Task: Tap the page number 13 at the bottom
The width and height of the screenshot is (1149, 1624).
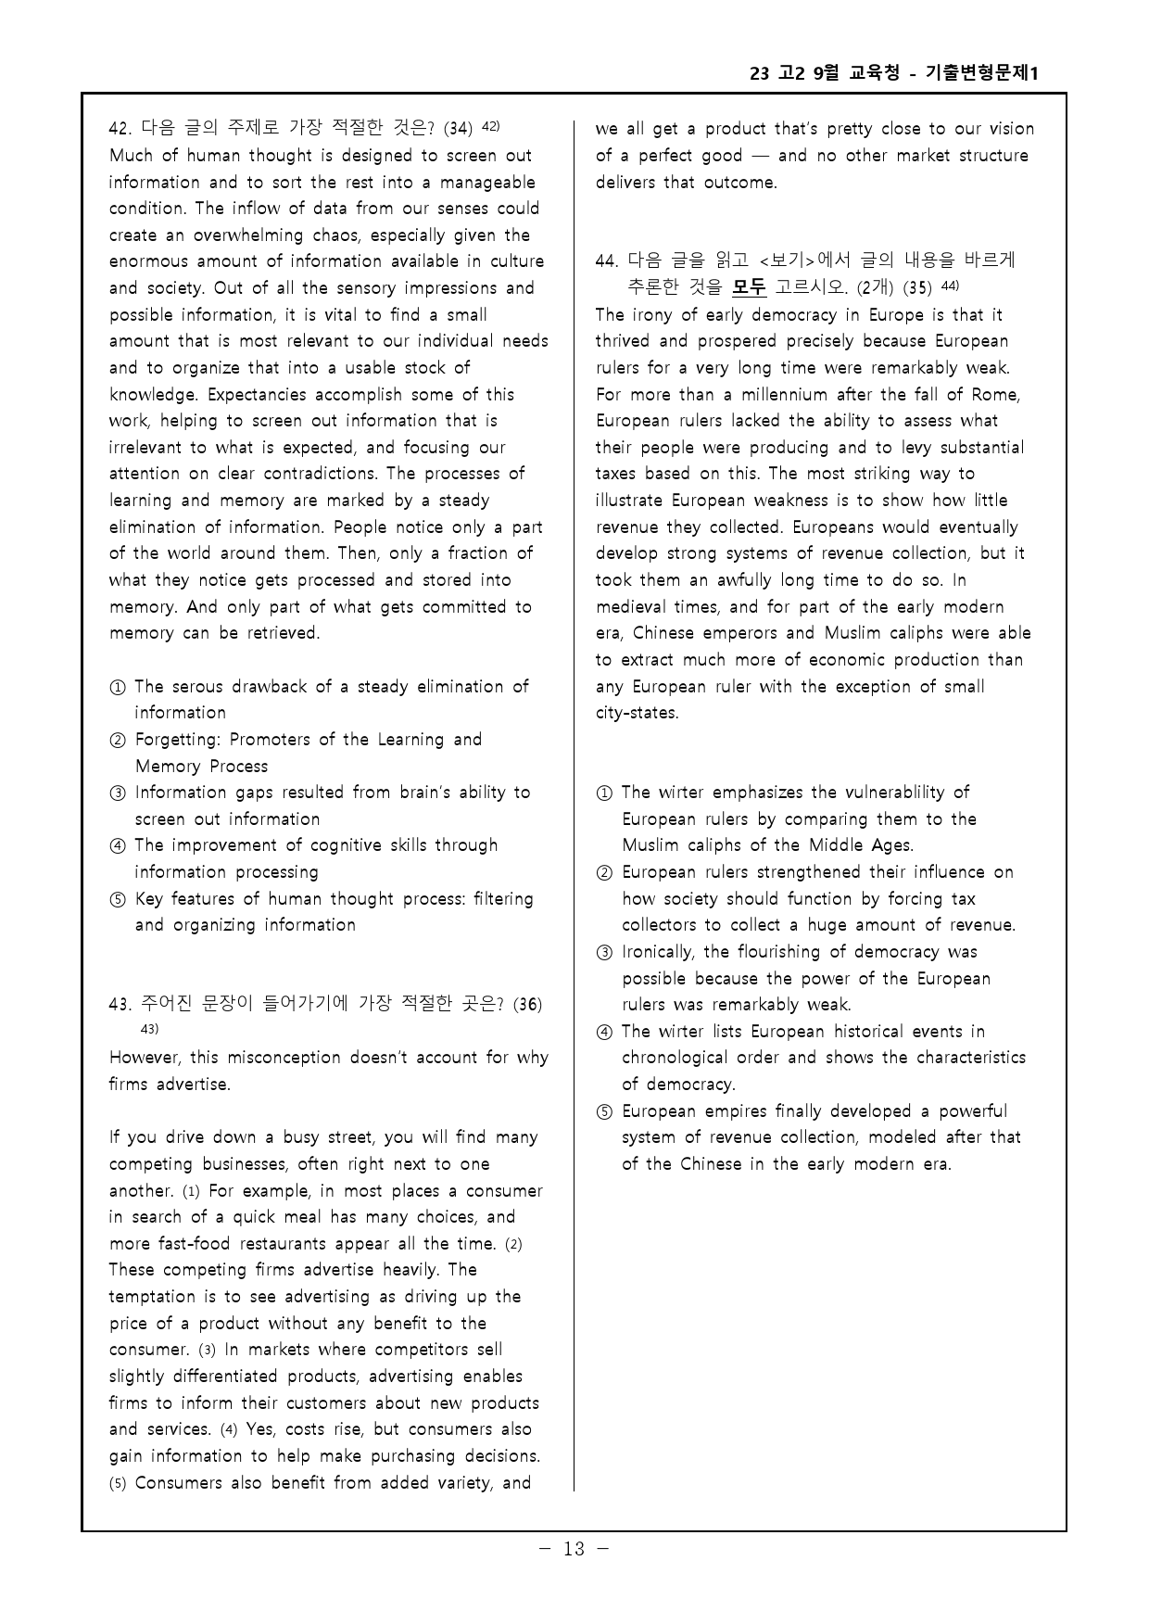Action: tap(574, 1548)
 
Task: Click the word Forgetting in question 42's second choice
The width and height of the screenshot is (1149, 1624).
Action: tap(177, 740)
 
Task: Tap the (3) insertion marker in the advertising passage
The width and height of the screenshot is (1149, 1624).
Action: tap(208, 1351)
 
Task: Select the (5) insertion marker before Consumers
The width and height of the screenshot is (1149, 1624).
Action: tap(118, 1483)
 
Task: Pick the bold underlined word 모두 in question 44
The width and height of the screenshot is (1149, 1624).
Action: tap(749, 287)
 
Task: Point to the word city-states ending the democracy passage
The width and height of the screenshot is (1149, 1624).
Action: tap(637, 714)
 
